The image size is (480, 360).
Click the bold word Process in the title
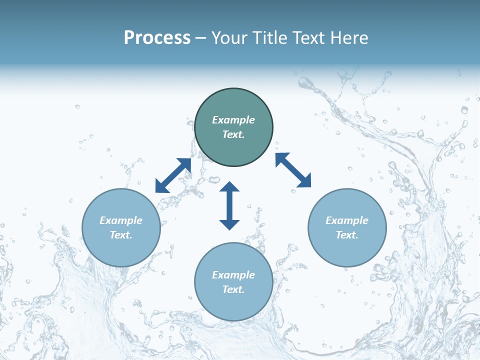click(157, 38)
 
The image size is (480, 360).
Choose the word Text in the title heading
click(310, 38)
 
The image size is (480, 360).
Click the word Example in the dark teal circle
click(233, 120)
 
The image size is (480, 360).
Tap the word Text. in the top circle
click(233, 134)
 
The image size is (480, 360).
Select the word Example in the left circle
click(121, 220)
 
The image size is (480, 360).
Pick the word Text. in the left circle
click(121, 235)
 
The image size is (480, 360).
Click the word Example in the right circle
click(347, 220)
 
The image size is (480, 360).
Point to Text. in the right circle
click(347, 235)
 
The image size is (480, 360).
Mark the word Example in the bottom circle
click(233, 275)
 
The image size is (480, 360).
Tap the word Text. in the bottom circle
click(233, 289)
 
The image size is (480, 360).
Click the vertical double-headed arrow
click(229, 205)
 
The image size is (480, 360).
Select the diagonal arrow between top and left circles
click(173, 175)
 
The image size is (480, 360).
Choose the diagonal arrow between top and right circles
click(293, 170)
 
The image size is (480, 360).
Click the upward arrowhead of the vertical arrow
click(229, 186)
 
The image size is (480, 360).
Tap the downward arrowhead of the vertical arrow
click(229, 224)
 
